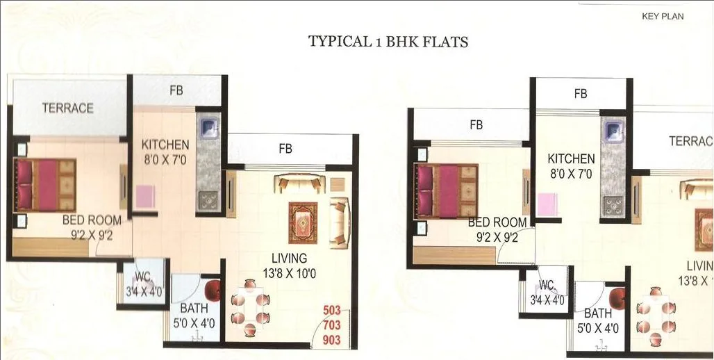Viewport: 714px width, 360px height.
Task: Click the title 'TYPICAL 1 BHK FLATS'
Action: point(388,42)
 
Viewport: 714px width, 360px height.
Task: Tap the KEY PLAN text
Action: point(663,15)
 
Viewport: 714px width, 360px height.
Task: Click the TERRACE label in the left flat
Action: point(67,108)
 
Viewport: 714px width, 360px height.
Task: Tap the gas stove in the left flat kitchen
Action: point(208,200)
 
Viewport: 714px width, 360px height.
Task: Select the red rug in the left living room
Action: point(303,222)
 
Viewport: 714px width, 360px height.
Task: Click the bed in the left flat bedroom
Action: point(44,184)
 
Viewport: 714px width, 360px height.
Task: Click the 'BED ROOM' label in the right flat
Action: point(497,222)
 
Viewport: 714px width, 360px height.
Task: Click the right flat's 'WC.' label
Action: point(547,285)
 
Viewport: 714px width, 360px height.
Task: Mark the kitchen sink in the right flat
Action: point(614,130)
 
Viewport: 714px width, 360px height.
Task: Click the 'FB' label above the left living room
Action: point(285,148)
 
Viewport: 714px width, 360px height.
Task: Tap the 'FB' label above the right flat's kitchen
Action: point(581,93)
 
